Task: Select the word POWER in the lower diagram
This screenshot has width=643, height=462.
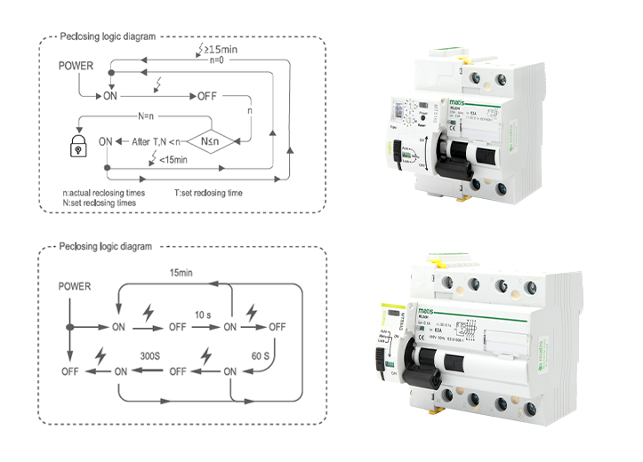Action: click(x=75, y=286)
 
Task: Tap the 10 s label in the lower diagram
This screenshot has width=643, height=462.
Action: click(x=203, y=314)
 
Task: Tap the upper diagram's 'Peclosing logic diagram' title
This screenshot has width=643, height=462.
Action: click(x=108, y=37)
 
